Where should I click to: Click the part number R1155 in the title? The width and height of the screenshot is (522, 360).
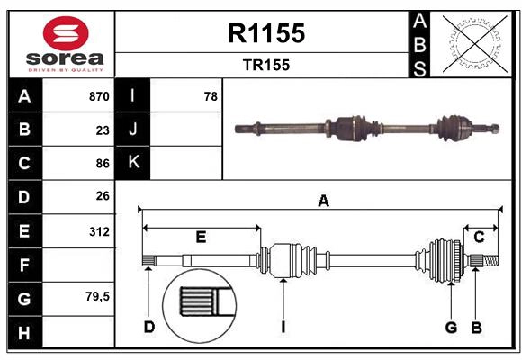(266, 33)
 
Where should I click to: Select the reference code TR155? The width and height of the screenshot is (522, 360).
(266, 65)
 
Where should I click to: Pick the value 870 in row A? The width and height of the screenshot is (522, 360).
(98, 96)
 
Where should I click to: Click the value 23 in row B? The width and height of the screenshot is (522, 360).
(103, 130)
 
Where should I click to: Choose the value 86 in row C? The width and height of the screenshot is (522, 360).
(103, 164)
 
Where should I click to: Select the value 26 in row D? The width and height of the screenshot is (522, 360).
(103, 196)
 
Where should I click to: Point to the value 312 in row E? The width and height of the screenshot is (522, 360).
(99, 231)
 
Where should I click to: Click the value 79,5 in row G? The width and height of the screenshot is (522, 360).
(97, 296)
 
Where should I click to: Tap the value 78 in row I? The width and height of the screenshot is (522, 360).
(211, 96)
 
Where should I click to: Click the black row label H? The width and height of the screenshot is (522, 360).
(24, 332)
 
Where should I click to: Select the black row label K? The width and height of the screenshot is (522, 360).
(133, 163)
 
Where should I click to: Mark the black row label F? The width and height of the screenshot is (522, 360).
(24, 265)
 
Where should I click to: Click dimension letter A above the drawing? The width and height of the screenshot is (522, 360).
(323, 202)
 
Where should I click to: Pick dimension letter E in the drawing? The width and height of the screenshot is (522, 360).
(201, 238)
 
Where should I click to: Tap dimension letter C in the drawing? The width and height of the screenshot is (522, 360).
(479, 237)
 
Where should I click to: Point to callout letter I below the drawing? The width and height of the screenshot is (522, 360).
(282, 327)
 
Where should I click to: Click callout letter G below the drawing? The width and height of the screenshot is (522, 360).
(451, 327)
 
